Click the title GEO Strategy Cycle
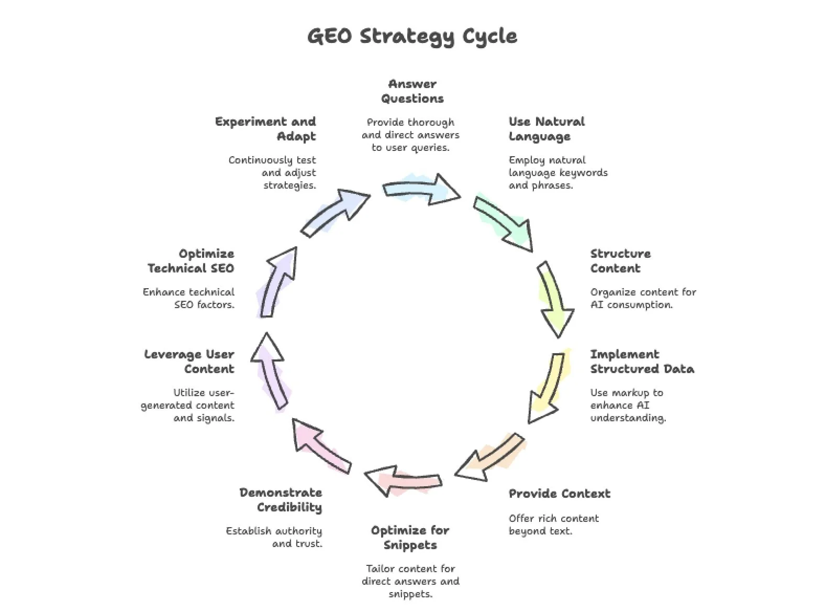(x=412, y=36)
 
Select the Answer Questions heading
(x=412, y=91)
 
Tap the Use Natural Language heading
(x=546, y=129)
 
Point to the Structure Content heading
(x=620, y=261)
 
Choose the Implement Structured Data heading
(x=642, y=362)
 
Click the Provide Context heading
(x=559, y=494)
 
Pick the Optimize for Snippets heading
(x=410, y=538)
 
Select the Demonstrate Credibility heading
(x=281, y=500)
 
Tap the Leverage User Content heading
(x=189, y=362)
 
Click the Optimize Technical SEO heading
(x=191, y=261)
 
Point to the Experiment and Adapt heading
(x=266, y=129)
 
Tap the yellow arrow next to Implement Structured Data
(x=548, y=388)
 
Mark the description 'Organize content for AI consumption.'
(x=643, y=298)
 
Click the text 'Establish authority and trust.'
(x=274, y=537)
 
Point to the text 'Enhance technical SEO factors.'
(x=189, y=298)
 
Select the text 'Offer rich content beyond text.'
(x=553, y=524)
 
